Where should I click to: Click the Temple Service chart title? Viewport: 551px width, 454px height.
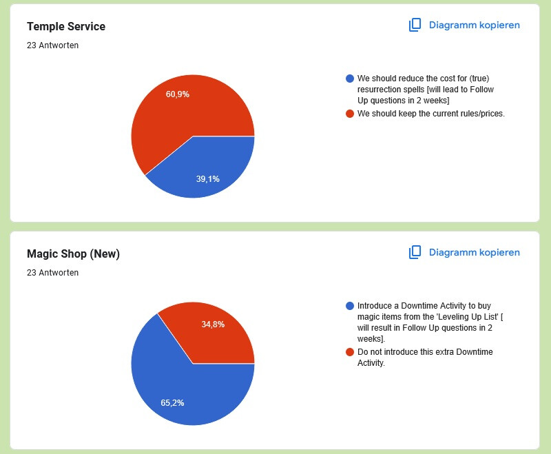66,26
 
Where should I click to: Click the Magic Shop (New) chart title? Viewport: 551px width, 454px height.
73,254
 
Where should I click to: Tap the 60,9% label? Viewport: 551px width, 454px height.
178,94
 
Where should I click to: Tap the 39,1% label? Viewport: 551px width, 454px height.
208,179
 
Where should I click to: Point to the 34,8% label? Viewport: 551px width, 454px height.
213,324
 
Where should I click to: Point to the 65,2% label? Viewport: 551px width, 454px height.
172,403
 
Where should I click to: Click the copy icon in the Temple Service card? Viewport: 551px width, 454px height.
415,25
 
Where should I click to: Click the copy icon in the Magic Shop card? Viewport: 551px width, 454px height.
415,252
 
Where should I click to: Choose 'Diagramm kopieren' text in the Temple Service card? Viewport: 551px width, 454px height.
474,25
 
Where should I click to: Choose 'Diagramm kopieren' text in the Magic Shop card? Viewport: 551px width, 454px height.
474,252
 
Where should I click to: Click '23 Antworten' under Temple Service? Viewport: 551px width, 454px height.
52,45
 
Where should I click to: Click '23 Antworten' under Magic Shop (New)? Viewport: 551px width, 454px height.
52,273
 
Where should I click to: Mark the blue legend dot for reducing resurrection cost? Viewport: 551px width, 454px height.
350,79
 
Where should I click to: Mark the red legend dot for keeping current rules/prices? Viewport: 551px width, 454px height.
350,114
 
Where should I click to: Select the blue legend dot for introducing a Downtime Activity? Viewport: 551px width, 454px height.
350,306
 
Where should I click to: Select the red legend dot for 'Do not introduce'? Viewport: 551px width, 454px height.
350,352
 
